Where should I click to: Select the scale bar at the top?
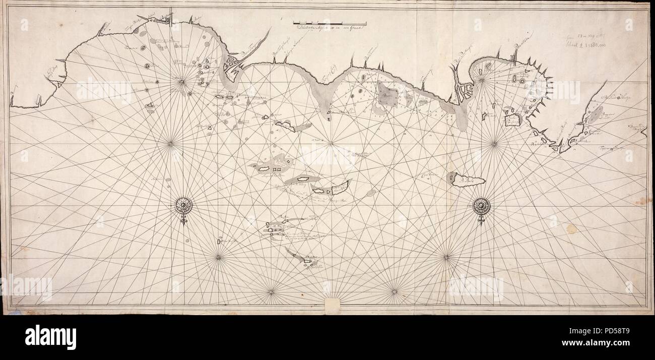click(330, 23)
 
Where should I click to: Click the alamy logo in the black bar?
click(51, 337)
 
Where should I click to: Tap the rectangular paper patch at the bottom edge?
click(333, 304)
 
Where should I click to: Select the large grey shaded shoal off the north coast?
click(388, 93)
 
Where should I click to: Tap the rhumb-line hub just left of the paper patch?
click(271, 291)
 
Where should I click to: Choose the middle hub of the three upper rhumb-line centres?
click(331, 144)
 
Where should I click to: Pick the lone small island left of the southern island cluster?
click(220, 241)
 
